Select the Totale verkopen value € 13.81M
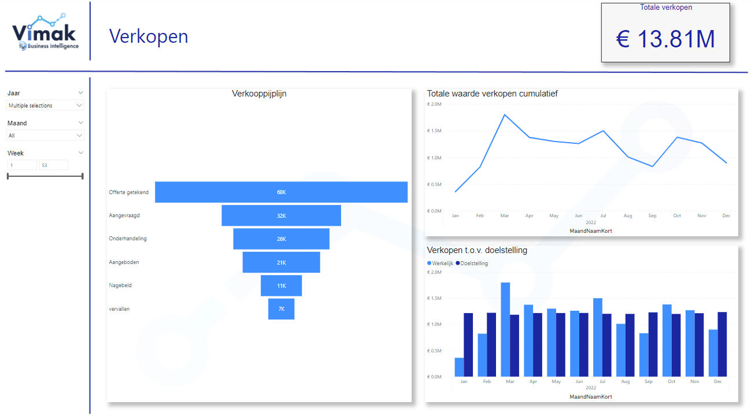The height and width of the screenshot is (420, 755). (x=665, y=39)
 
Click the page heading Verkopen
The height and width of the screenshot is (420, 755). (x=149, y=36)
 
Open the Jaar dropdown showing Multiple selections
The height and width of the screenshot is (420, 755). (x=45, y=106)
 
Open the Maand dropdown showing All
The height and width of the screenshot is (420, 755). (x=45, y=135)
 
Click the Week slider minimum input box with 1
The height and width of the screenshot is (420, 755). (x=21, y=165)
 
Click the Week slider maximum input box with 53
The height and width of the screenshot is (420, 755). (x=53, y=165)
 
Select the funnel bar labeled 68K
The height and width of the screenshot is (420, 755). (x=281, y=192)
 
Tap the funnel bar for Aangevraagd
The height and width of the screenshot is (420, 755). (x=281, y=215)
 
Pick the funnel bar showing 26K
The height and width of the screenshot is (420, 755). (x=281, y=239)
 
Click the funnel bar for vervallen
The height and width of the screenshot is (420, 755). (x=281, y=309)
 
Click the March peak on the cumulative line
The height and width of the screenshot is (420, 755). (x=505, y=114)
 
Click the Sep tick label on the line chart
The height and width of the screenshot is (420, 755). (x=652, y=216)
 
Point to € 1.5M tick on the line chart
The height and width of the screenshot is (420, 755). (x=434, y=131)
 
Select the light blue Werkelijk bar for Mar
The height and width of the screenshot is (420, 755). (x=505, y=329)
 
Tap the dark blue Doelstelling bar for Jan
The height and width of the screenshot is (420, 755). (x=468, y=345)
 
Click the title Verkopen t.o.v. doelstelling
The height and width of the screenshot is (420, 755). (x=477, y=250)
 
